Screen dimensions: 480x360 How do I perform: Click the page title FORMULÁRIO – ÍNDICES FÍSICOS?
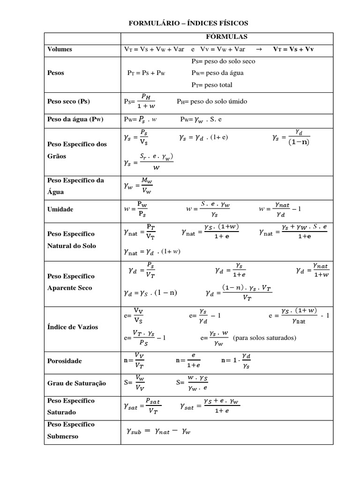tap(188, 23)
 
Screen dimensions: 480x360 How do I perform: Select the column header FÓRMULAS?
tap(227, 37)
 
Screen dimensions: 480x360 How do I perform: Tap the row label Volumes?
tap(60, 49)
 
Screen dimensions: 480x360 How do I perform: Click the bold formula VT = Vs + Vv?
tap(293, 49)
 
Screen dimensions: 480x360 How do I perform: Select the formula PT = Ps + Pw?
tap(146, 73)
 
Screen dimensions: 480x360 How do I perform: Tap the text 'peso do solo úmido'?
tap(218, 101)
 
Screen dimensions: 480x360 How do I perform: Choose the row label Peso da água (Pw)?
tap(75, 119)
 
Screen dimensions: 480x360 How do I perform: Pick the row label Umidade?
tap(60, 209)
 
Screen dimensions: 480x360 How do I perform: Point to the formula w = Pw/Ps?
tap(136, 209)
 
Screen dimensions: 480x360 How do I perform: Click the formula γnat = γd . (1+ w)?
tap(152, 252)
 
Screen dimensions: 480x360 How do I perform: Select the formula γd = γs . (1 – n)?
tap(150, 293)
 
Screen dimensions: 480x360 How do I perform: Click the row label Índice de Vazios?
tap(73, 327)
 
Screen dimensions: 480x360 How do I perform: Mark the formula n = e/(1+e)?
tap(188, 360)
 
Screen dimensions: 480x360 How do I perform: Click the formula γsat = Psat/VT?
tap(143, 406)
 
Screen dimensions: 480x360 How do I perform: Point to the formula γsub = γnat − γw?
tap(158, 432)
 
